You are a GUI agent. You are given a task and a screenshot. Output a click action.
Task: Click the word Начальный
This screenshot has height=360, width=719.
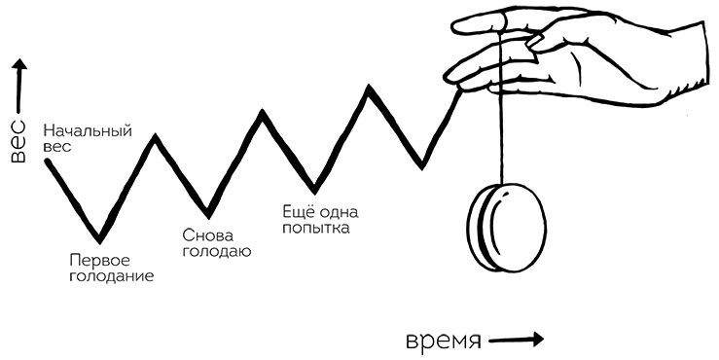[88, 131]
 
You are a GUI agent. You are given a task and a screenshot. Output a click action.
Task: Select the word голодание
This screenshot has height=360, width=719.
[111, 275]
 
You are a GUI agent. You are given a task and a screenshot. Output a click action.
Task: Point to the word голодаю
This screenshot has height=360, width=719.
[217, 252]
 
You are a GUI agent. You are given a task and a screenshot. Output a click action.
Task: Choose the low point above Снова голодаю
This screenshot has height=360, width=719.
[207, 214]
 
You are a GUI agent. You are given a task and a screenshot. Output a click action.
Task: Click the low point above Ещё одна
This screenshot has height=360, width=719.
[313, 189]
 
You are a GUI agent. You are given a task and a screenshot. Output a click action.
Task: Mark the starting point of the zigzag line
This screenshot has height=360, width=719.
[47, 160]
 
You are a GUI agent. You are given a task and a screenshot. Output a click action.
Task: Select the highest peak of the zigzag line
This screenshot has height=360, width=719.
[370, 89]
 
